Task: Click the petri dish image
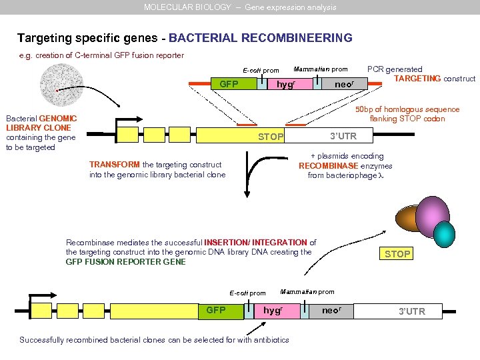coord(61,85)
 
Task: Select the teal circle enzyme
coord(443,233)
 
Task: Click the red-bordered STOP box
coord(397,254)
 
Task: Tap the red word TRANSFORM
coord(114,165)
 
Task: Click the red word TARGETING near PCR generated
coord(417,79)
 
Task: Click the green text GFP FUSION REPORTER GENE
coord(125,262)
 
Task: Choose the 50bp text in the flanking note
coord(363,109)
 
